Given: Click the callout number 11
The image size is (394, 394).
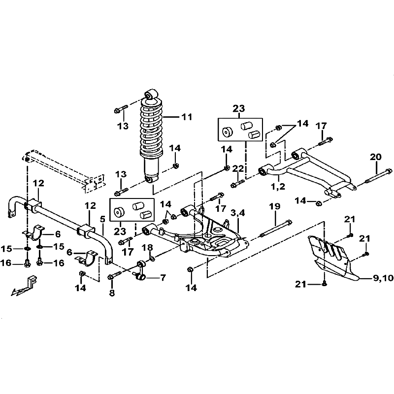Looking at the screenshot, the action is coord(187,117).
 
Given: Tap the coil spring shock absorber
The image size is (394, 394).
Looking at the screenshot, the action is coord(152,136).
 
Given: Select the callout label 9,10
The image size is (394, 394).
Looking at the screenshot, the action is coord(383,278).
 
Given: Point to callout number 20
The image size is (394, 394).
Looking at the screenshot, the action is coord(376,157).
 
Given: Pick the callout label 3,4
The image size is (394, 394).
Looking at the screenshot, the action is coord(237,213).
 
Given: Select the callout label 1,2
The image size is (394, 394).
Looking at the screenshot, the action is coord(278,187).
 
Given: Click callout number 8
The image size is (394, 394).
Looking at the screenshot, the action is coord(112,293).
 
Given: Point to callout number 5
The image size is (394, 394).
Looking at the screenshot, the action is coord(102,219).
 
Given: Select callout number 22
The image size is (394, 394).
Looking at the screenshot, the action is coord(238,168).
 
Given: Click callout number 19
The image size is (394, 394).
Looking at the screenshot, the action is coord(274,206).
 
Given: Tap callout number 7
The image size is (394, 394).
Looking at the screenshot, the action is coord(163,278).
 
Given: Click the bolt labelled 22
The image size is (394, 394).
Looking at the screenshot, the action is coord(237,183).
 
